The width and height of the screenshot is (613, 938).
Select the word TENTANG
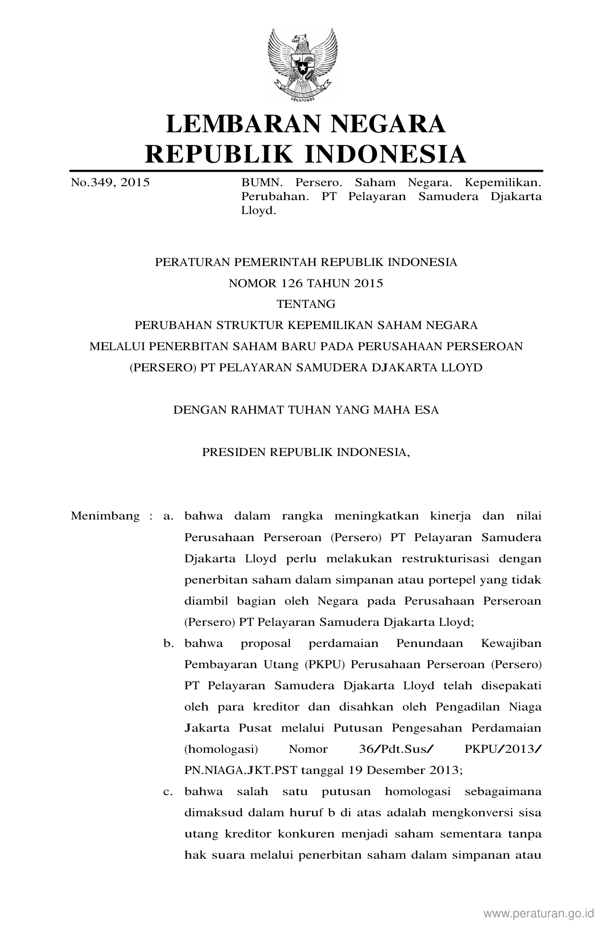click(306, 304)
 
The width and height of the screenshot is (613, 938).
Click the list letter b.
click(168, 643)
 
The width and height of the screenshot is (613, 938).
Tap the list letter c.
click(168, 791)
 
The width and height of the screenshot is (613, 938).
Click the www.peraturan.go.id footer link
click(539, 913)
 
